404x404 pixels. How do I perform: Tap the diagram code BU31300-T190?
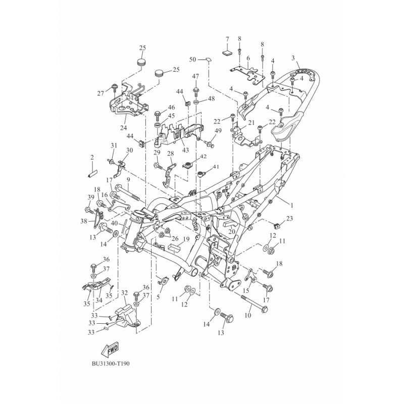pos(111,364)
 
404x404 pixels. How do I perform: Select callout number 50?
pos(193,60)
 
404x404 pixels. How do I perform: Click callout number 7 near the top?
pos(227,39)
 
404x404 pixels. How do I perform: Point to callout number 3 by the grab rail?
pos(293,58)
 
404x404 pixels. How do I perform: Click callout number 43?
pos(185,150)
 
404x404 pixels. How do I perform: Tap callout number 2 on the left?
pos(92,157)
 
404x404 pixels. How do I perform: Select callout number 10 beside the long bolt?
pos(247,315)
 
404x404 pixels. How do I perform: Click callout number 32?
pos(124,293)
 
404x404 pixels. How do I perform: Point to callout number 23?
pos(289,219)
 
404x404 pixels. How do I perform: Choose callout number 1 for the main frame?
pos(292,206)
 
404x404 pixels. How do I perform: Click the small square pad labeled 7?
pos(227,53)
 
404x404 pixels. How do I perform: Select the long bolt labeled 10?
pos(255,304)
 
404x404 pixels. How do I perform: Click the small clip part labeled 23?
pos(276,226)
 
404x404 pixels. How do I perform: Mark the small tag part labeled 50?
pos(208,60)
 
